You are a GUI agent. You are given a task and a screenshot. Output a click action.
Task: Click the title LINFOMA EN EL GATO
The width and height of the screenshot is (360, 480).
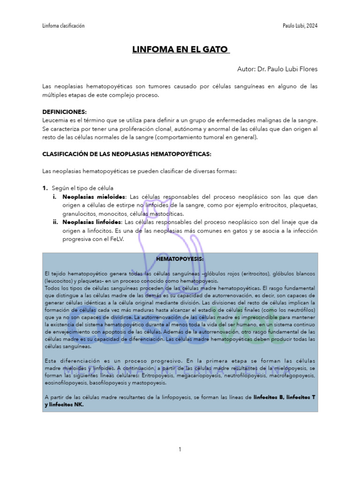tap(180, 49)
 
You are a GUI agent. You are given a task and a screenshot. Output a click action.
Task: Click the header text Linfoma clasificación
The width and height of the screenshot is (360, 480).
tap(63, 26)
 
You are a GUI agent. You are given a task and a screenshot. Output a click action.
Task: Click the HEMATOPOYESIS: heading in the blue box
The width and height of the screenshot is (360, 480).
tap(180, 259)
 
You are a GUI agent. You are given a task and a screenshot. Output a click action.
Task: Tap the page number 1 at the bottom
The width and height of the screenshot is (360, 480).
tap(180, 450)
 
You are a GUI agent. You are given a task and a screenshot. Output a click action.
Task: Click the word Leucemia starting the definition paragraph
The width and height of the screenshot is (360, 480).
tap(55, 120)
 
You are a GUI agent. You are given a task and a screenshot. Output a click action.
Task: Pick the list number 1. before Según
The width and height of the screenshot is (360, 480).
tap(45, 187)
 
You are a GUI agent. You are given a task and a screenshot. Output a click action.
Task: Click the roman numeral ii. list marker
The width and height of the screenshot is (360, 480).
tap(56, 222)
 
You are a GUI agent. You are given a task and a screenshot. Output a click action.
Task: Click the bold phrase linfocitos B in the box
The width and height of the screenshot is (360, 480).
tap(269, 397)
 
